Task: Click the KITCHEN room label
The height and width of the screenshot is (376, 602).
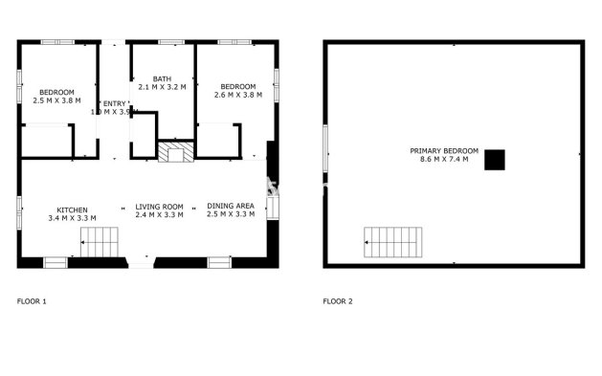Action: click(72, 209)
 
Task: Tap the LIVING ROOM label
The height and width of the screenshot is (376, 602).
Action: click(159, 207)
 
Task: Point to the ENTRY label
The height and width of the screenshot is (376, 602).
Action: click(114, 103)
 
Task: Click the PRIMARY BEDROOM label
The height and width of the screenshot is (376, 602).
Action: click(444, 150)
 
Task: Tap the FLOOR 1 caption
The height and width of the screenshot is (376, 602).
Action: click(32, 301)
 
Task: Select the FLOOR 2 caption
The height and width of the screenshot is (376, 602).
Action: click(338, 301)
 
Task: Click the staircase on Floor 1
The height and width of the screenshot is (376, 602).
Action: click(99, 243)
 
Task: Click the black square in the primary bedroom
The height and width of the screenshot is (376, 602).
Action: click(494, 160)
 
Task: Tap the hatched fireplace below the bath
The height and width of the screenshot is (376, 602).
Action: click(175, 151)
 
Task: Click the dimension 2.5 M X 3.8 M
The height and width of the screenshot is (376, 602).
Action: click(57, 100)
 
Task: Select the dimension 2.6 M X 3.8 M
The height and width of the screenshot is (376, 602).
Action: click(237, 94)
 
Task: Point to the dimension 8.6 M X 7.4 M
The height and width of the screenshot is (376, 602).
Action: click(444, 159)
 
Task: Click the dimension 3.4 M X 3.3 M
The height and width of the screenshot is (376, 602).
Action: click(72, 217)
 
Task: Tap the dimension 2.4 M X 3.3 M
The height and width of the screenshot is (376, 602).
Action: click(159, 215)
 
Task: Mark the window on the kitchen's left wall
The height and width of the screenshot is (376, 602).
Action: click(18, 212)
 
